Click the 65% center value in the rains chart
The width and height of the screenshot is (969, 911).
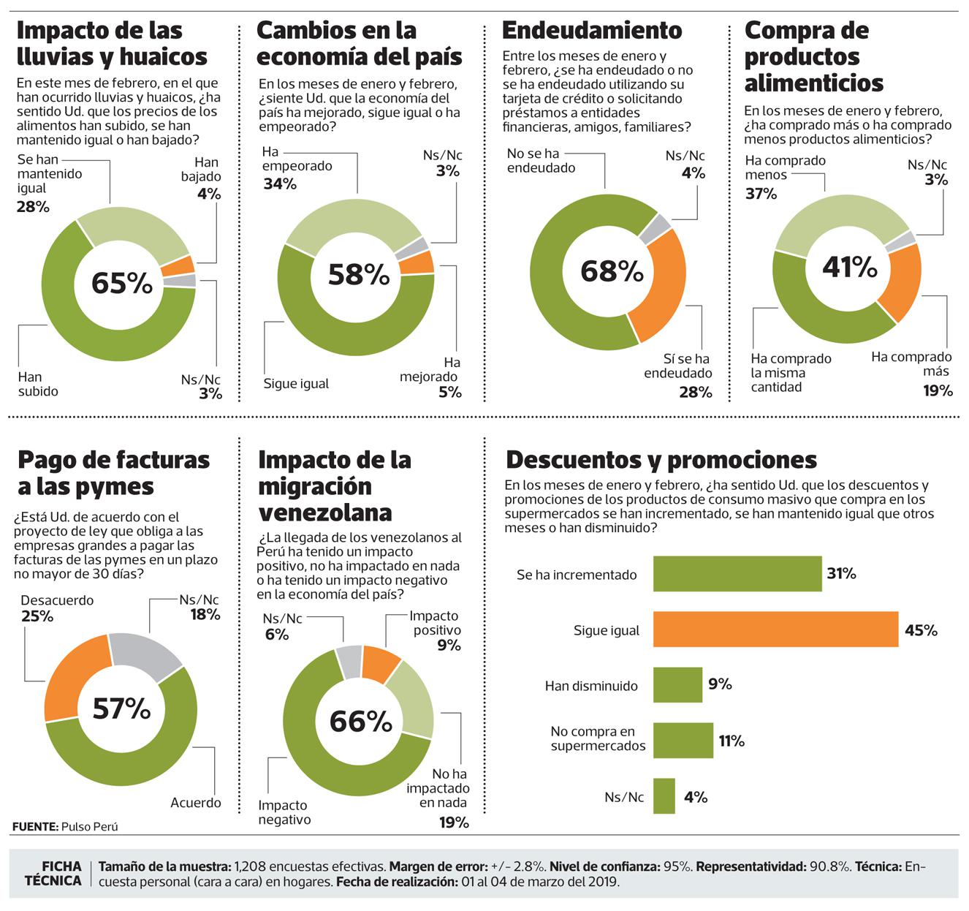[122, 283]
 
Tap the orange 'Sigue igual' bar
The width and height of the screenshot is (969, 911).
[775, 630]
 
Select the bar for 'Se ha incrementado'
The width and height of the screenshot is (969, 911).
[737, 574]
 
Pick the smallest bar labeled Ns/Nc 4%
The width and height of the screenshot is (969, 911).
[664, 796]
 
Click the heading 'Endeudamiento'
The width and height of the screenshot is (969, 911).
[592, 30]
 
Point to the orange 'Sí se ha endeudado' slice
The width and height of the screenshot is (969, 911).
[661, 292]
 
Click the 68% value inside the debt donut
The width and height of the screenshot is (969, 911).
[612, 271]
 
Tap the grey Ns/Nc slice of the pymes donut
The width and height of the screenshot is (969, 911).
[147, 651]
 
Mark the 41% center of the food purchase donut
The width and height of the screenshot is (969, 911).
[849, 268]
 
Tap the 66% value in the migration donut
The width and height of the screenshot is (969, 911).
[361, 722]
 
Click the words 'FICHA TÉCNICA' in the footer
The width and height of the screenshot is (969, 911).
[53, 873]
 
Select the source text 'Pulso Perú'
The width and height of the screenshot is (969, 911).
[89, 827]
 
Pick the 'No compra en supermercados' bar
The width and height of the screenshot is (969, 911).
[683, 741]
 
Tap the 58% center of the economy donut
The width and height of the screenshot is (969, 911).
[358, 274]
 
